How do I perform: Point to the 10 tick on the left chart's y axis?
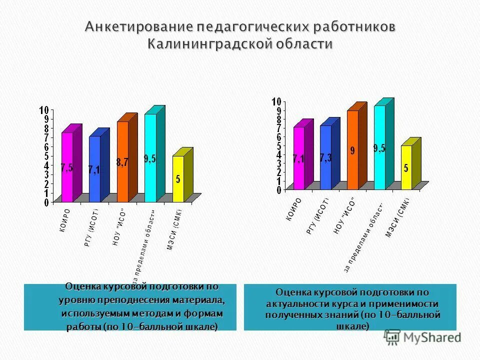44,110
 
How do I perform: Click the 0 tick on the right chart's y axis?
278,190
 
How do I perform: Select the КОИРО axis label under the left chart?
66,219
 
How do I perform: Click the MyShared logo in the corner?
423,337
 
